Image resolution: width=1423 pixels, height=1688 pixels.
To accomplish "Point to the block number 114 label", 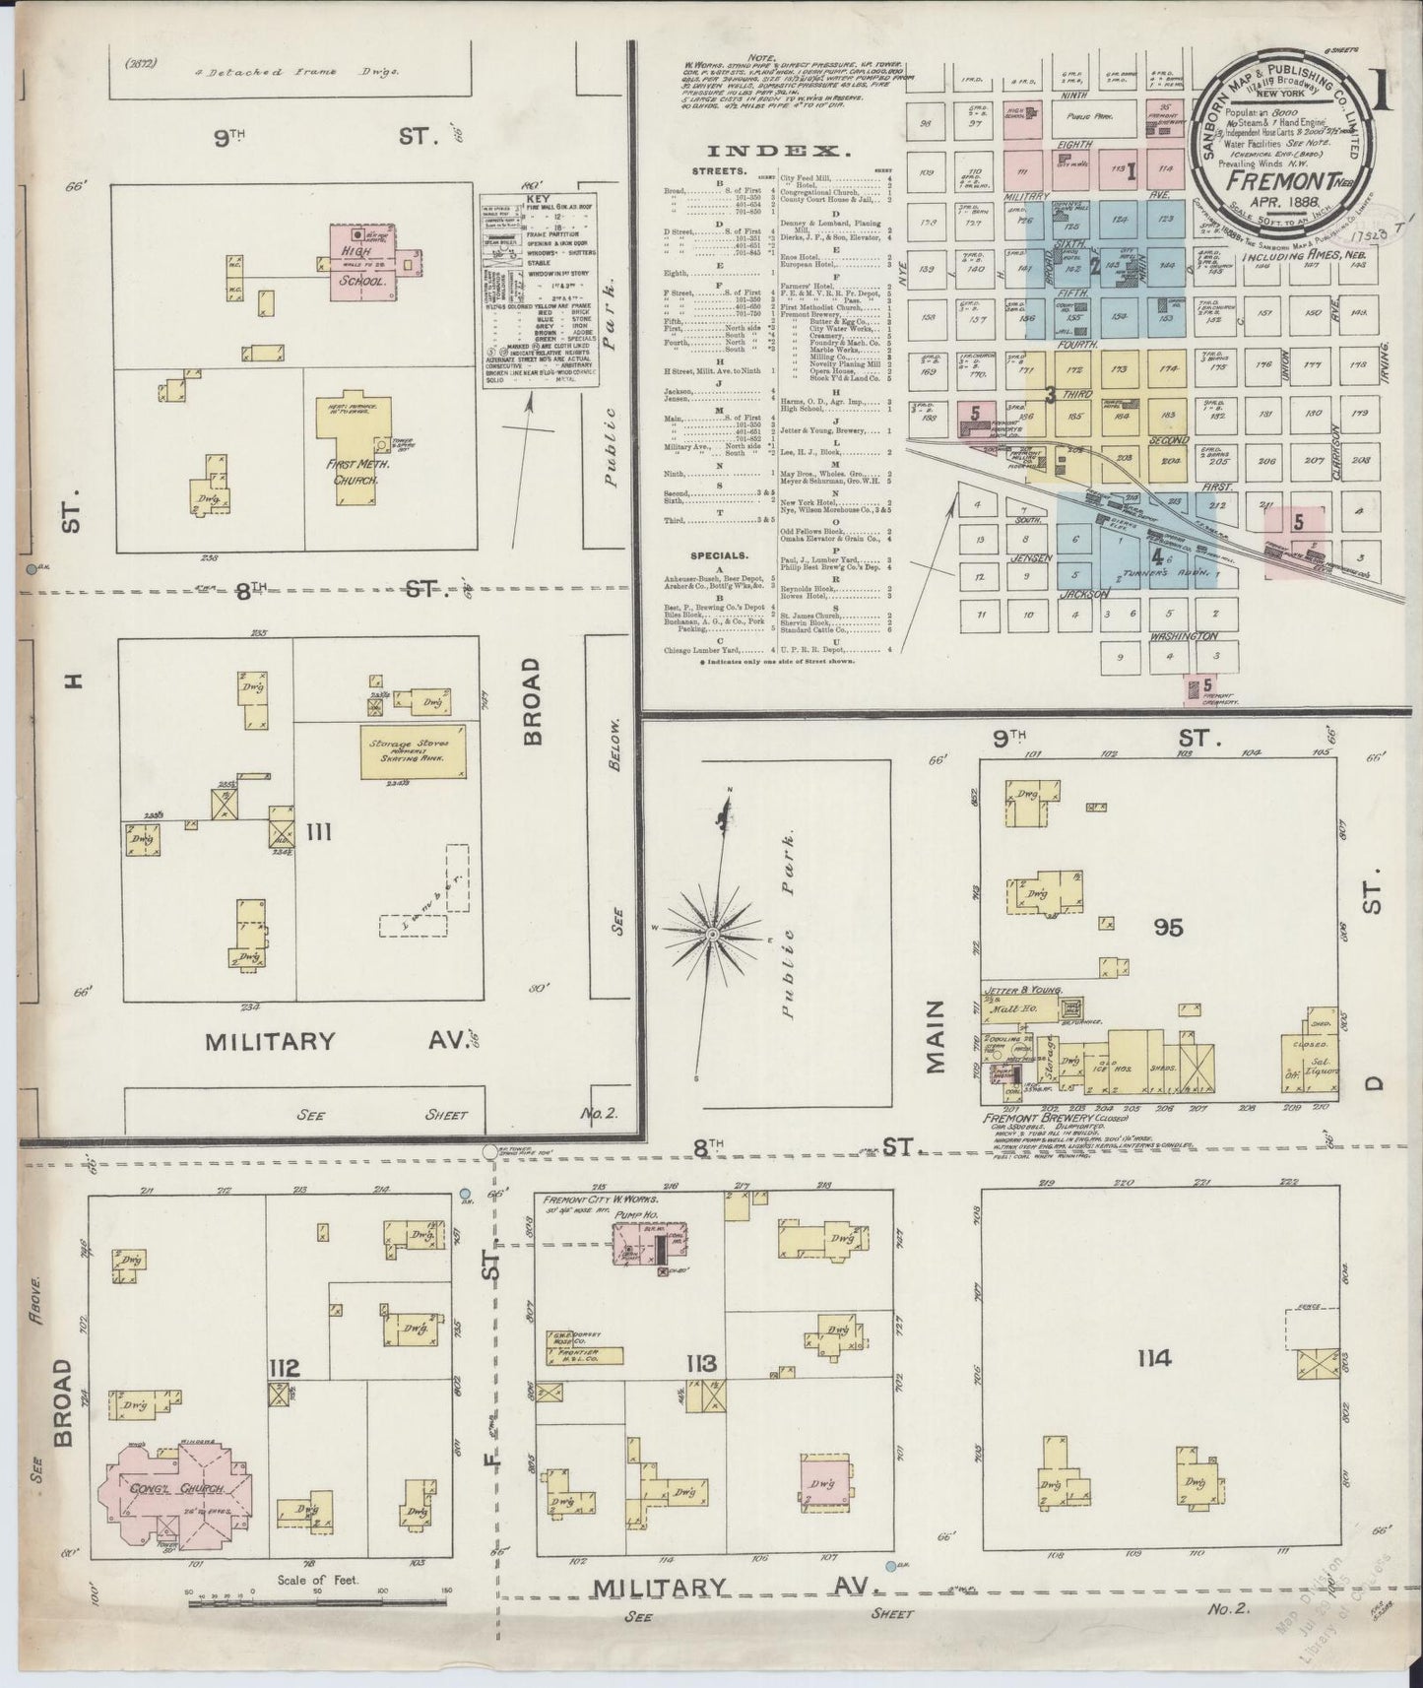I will [x=1153, y=1359].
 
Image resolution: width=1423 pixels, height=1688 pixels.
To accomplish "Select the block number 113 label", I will [x=700, y=1364].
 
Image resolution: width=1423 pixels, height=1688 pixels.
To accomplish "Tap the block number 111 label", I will [x=318, y=833].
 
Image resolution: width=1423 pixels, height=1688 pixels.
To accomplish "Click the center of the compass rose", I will [x=712, y=932].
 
